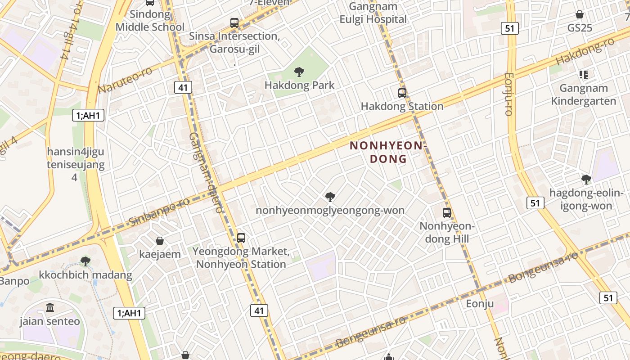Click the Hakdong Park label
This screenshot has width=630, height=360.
(x=299, y=85)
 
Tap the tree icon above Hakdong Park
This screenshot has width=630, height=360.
(x=299, y=72)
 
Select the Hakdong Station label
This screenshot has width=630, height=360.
(x=402, y=106)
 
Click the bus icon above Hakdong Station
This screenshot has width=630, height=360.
(x=402, y=93)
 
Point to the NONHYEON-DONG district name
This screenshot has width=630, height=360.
(x=388, y=152)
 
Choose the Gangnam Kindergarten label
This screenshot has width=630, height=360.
(x=583, y=94)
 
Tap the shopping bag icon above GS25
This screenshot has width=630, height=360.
(x=580, y=14)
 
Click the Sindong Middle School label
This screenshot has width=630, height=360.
(x=150, y=21)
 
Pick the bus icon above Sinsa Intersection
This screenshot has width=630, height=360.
(x=234, y=22)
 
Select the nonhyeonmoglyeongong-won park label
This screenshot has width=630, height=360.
(x=330, y=210)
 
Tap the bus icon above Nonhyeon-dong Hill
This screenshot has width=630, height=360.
(x=446, y=212)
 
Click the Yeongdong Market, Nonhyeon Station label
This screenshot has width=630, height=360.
(x=241, y=257)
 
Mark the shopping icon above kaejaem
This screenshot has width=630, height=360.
(x=159, y=241)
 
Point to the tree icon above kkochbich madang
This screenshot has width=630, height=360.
(x=85, y=261)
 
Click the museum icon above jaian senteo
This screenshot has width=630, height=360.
(x=50, y=308)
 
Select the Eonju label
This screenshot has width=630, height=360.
(x=480, y=304)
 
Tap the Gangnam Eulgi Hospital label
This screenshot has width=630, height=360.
(x=373, y=13)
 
